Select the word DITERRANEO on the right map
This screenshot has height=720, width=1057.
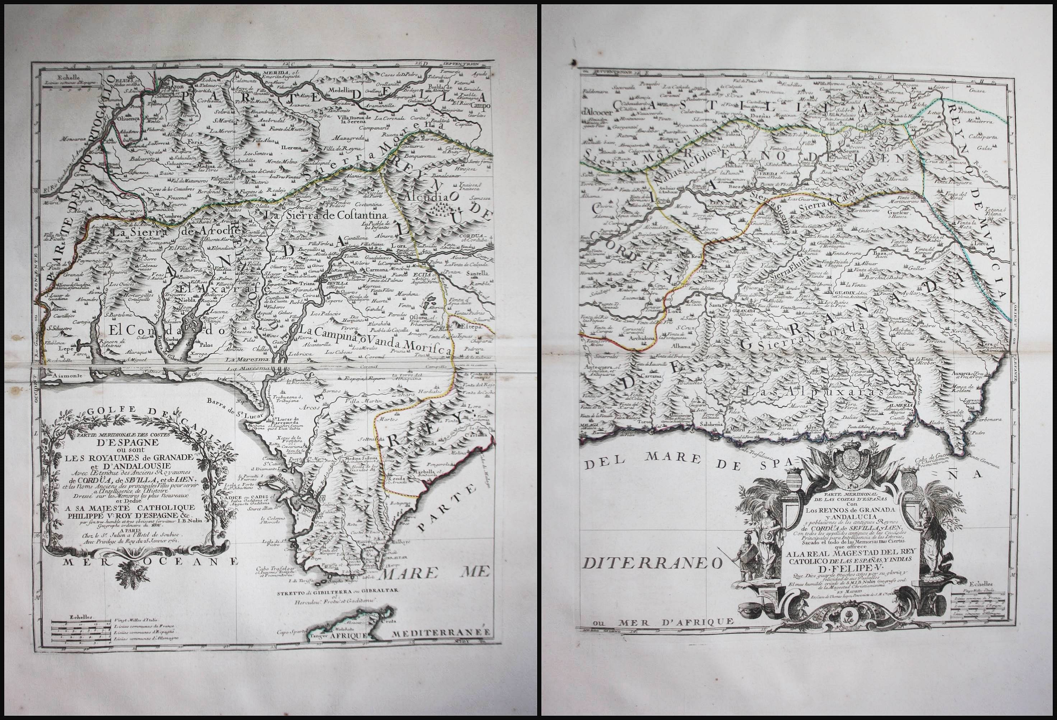pos(652,564)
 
